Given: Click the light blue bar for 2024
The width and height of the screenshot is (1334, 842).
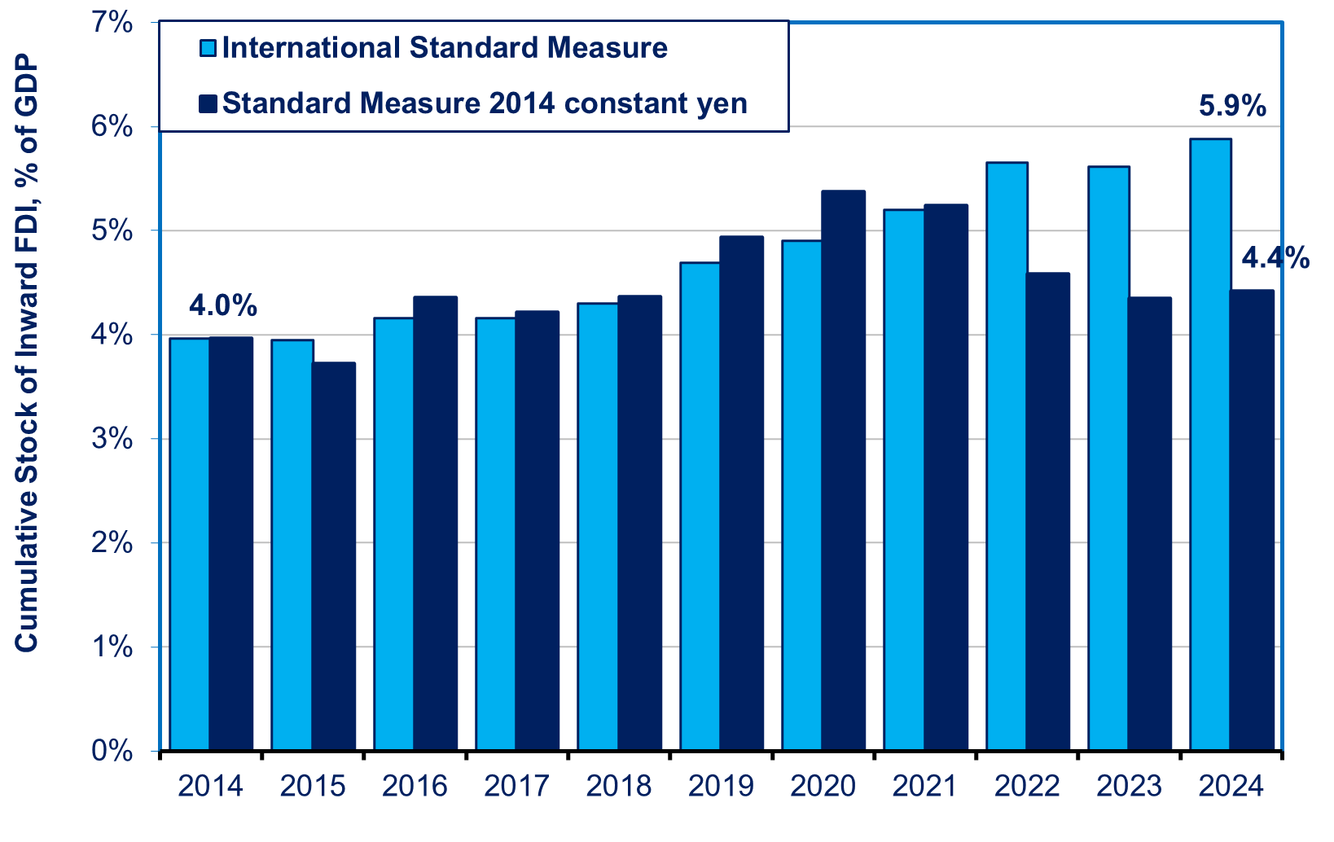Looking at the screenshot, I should tap(1210, 445).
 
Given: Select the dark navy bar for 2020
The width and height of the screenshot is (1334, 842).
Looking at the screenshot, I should tap(843, 471).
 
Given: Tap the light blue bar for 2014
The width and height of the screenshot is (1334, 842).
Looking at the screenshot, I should tap(190, 544).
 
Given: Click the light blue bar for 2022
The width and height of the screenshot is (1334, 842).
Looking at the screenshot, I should tap(1007, 456).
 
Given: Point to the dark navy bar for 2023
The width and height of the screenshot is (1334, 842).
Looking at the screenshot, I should tap(1150, 524).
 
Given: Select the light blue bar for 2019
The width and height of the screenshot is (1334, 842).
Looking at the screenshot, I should tap(700, 506).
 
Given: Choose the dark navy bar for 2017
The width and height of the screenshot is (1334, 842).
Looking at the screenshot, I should tap(538, 530).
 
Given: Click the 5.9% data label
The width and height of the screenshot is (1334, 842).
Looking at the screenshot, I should tap(1232, 106).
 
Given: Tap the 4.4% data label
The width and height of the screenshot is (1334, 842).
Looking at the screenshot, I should tap(1275, 259).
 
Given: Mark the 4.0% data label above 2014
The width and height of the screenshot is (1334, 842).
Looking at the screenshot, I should tap(223, 306).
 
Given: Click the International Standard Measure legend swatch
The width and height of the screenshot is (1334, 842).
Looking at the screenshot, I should tap(209, 49).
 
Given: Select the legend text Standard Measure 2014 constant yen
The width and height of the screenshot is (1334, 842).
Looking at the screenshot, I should tap(485, 104).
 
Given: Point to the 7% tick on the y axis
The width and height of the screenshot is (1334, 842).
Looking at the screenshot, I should tap(113, 23).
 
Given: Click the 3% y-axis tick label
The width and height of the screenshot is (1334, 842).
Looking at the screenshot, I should tap(113, 439).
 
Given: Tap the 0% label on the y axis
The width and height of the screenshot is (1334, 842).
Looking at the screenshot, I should tap(113, 751).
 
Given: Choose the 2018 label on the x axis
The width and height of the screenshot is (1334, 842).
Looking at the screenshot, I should tap(619, 787).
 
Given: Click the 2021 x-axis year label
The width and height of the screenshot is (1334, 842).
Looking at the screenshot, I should tap(925, 787).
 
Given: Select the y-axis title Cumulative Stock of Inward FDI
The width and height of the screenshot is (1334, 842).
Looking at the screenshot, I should tap(26, 354).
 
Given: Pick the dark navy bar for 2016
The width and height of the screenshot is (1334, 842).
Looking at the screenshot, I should tap(436, 523).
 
